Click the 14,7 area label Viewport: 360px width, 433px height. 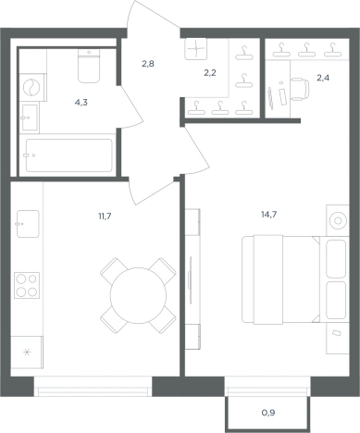tap(268, 215)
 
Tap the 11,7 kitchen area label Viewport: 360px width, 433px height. tap(105, 216)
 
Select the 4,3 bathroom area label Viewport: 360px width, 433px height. tap(81, 103)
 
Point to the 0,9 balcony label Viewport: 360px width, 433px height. tap(268, 413)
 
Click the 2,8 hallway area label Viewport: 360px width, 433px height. tap(148, 64)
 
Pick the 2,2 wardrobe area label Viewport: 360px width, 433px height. tap(210, 73)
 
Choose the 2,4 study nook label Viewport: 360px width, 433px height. tap(323, 78)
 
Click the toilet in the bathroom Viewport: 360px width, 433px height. tap(89, 66)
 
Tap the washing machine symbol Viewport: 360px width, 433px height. tap(32, 87)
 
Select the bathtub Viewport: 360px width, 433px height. tap(69, 155)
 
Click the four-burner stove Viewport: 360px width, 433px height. tap(27, 285)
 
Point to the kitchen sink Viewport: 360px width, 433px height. tap(28, 224)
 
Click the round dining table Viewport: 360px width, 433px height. tap(138, 295)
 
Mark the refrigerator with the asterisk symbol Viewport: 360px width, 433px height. tap(27, 353)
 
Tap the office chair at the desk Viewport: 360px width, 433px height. tap(300, 89)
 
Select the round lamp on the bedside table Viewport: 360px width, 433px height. tap(338, 220)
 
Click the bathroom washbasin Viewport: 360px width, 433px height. tap(30, 118)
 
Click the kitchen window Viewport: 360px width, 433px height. tap(93, 387)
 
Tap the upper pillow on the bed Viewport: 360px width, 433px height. tap(336, 259)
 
